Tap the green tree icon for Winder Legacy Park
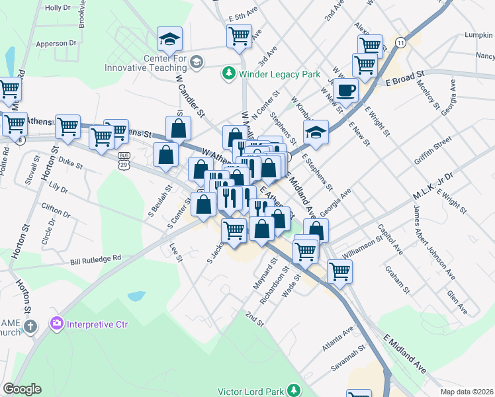click(229, 73)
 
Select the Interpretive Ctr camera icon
click(57, 324)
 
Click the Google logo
click(22, 389)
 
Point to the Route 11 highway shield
click(400, 42)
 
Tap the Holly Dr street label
click(57, 8)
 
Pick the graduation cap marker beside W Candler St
click(169, 40)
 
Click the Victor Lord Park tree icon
click(292, 391)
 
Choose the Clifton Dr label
click(56, 215)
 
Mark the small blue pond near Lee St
click(136, 296)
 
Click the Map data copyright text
click(467, 392)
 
